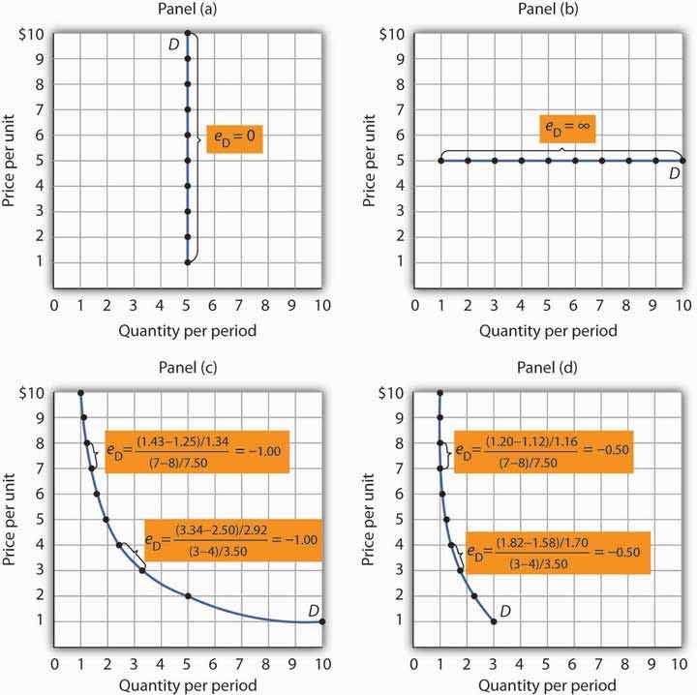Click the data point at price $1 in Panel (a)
pos(188,261)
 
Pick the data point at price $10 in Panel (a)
pos(188,34)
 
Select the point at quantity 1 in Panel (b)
pos(441,160)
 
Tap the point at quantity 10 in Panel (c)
pos(322,622)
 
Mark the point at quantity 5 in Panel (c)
pos(188,596)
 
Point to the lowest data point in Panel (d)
pos(495,622)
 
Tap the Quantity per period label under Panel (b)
pos(548,331)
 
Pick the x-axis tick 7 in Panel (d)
pos(602,664)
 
